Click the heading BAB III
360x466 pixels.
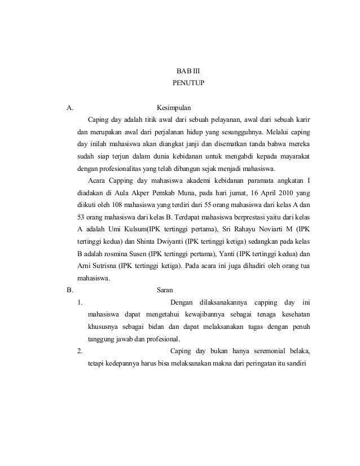click(x=184, y=71)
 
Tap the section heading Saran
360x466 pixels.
click(x=164, y=291)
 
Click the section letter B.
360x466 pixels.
click(x=69, y=291)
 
